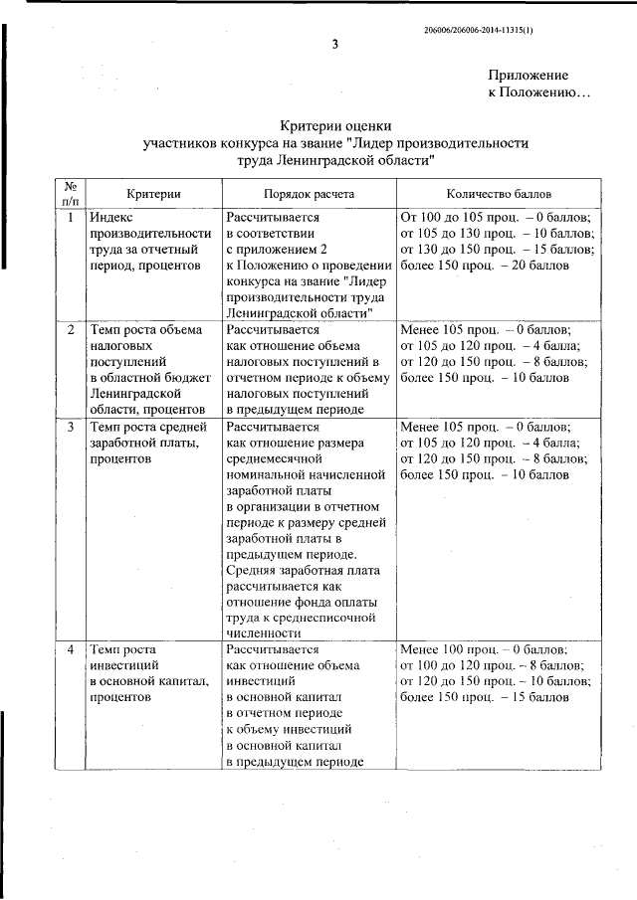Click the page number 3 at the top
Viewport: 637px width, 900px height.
[334, 44]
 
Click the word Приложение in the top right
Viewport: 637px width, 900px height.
[528, 76]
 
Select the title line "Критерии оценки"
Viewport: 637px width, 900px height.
[334, 125]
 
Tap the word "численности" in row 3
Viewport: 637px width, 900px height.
[263, 631]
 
